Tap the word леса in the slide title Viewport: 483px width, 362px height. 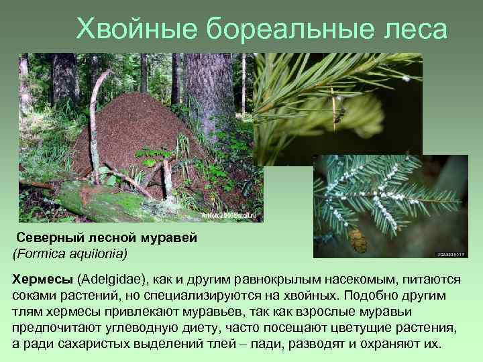(x=415, y=28)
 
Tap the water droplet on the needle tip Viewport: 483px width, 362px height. (x=405, y=78)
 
